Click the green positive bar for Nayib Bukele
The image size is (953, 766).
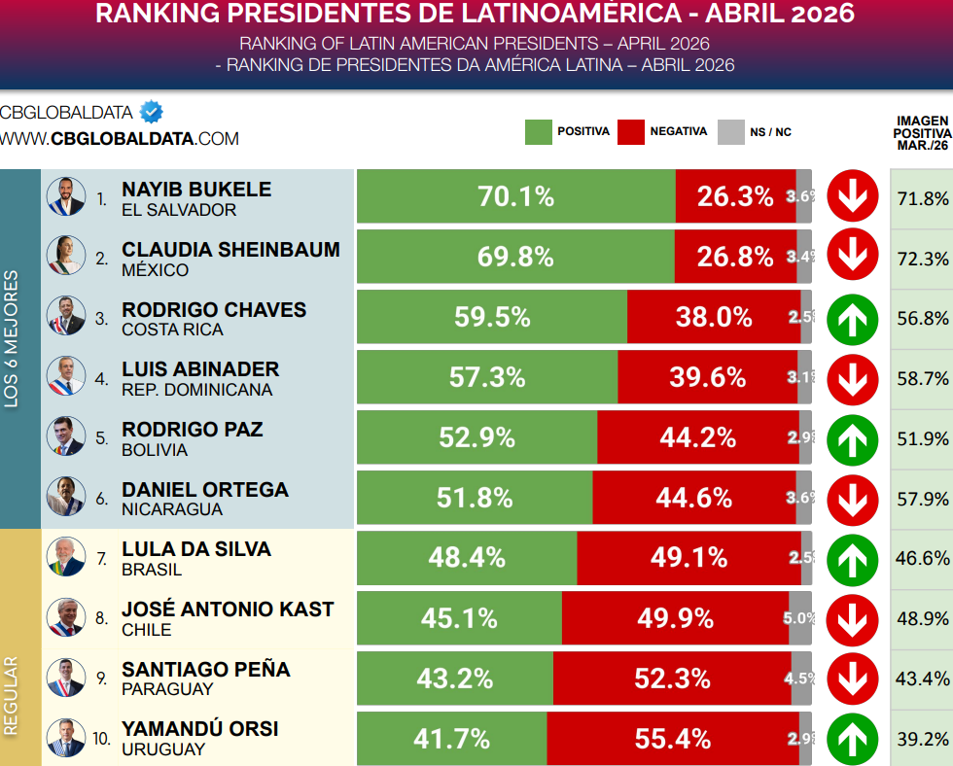click(x=515, y=196)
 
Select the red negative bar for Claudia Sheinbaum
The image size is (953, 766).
click(x=735, y=257)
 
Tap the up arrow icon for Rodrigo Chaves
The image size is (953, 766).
click(x=853, y=317)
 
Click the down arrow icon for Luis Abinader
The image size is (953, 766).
click(x=853, y=377)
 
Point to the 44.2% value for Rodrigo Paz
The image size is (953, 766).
click(x=697, y=437)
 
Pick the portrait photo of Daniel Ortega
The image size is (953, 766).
click(x=66, y=497)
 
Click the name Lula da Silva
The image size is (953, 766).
click(x=196, y=549)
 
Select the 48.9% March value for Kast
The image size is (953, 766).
click(x=922, y=618)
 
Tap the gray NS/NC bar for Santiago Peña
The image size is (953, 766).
click(x=801, y=679)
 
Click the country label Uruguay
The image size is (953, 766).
click(x=163, y=749)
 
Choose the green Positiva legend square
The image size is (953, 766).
click(x=538, y=132)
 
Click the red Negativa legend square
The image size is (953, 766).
click(x=631, y=132)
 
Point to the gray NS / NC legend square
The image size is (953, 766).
click(x=730, y=132)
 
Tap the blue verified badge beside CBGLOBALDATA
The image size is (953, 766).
click(x=151, y=113)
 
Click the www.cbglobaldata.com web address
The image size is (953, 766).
click(x=119, y=139)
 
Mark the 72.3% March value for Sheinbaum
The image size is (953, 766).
click(x=922, y=259)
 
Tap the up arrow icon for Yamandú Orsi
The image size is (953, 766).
click(x=853, y=739)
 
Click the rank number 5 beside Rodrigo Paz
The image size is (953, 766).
click(x=102, y=438)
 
